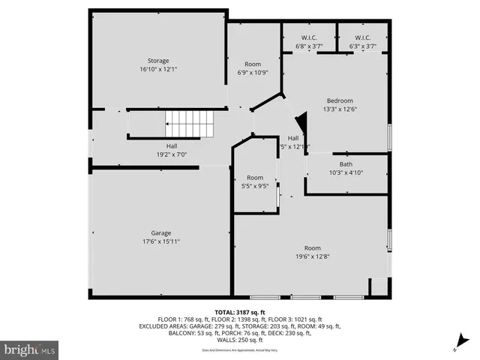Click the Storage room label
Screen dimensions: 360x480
pos(158,61)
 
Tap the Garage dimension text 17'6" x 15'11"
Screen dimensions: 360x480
pos(160,241)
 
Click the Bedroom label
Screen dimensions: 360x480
pos(339,100)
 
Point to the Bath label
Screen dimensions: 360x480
pos(346,164)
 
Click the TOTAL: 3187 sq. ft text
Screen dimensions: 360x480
pos(240,312)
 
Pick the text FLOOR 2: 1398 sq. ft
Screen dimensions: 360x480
pos(234,319)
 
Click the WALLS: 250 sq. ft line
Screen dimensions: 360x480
pos(240,340)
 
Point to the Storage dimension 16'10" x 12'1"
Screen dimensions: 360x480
pos(158,69)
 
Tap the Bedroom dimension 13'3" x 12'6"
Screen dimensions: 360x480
pos(339,109)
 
